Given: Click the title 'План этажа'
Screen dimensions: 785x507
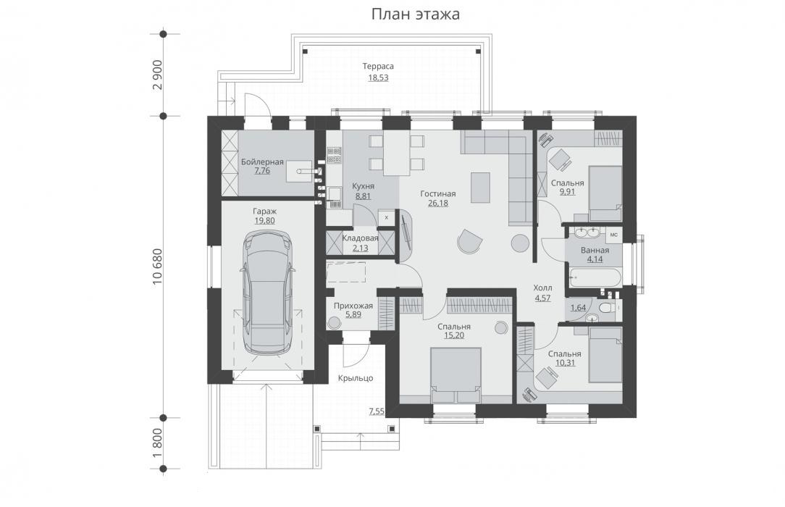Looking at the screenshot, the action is pos(415,14).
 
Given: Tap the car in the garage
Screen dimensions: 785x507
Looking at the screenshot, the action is pos(269,293).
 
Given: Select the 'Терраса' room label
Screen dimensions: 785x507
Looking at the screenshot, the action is pos(378,66).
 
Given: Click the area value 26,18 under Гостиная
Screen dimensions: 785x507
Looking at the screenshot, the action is pos(438,204).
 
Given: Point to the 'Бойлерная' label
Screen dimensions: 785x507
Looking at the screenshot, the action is pos(262,162).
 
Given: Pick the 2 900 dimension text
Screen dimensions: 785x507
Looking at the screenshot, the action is pos(158,75).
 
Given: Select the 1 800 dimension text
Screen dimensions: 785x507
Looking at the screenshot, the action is pos(158,443).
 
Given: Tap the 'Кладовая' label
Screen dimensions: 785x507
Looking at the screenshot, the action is pos(361,238).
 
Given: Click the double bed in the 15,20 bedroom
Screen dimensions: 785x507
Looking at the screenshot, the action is pos(456,375).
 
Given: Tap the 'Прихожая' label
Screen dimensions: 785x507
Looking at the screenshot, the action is pos(353,306).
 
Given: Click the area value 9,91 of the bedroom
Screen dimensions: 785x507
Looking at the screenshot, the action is pos(567,191).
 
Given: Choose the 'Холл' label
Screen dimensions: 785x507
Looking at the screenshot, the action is pos(542,288).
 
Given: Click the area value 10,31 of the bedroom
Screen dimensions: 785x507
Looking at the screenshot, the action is pos(565,362).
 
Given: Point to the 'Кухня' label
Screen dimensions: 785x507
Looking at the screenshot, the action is pos(363,186).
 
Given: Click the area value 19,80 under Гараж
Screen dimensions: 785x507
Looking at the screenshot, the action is pos(264,220).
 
